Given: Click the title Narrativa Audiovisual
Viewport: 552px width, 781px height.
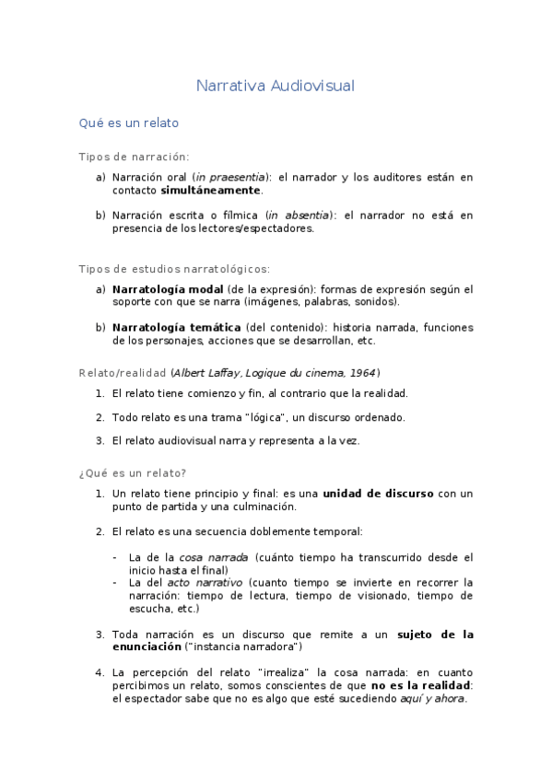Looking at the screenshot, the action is pos(276,86).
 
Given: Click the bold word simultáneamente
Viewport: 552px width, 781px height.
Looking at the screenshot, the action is pos(211,191).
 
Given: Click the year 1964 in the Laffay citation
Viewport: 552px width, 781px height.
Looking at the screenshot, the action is pos(361,372).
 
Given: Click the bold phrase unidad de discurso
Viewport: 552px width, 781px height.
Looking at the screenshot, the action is pos(378,494).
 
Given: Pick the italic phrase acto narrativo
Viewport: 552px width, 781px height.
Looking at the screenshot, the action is pos(205,583).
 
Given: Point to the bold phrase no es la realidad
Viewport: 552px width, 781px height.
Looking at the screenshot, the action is pos(419,686).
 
